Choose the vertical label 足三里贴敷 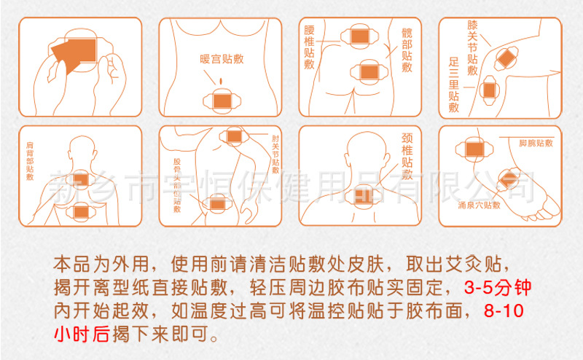[453, 85]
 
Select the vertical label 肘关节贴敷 [275, 152]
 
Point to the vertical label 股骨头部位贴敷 [176, 184]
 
